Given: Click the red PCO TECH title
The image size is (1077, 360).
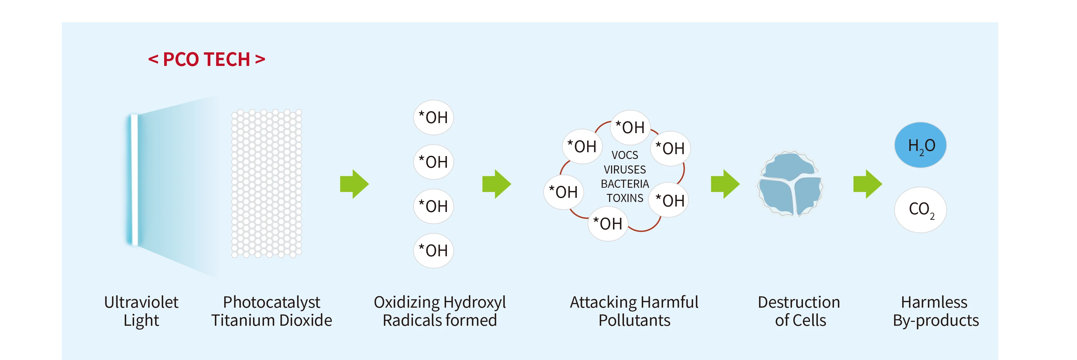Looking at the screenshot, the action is click(206, 59).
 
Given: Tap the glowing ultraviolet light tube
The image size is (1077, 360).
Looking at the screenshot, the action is click(134, 180).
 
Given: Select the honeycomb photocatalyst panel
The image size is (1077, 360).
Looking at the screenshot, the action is click(266, 183).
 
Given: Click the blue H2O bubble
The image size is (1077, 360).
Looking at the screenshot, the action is click(920, 145).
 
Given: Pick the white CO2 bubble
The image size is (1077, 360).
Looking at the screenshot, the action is click(920, 209).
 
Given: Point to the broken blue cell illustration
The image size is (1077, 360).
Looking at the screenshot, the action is click(790, 184).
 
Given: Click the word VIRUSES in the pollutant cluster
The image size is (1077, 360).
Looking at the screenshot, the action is click(625, 169).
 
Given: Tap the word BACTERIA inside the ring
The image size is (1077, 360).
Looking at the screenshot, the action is click(625, 184).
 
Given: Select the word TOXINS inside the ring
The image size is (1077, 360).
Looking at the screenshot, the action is click(625, 198).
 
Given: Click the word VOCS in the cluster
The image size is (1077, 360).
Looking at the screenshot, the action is click(625, 155).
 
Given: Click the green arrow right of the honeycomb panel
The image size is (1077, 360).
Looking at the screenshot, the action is click(354, 184).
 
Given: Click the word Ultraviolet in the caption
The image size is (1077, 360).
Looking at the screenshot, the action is click(141, 302).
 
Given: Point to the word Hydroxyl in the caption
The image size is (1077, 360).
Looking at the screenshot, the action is click(475, 302).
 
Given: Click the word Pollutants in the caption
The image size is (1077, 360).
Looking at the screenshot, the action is click(634, 321).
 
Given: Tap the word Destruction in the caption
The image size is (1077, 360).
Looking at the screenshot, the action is click(798, 302).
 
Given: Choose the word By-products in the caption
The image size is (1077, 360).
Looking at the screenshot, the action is click(936, 321).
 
